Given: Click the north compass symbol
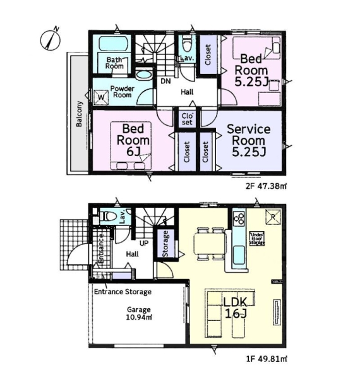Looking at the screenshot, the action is [x=51, y=39].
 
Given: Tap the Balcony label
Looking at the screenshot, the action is [x=79, y=114].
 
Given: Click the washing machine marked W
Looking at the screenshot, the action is [x=101, y=97].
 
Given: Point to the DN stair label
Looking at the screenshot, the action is [x=165, y=81].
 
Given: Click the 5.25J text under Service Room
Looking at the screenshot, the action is [x=249, y=152].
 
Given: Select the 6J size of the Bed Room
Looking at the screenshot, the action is [x=133, y=152].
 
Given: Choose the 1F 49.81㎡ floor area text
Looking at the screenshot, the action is [x=267, y=359].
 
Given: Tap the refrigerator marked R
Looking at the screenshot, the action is [x=273, y=217].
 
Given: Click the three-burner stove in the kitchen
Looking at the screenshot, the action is [x=239, y=219].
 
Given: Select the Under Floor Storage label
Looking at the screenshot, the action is [x=257, y=239].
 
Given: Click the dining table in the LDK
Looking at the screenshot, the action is [x=209, y=244].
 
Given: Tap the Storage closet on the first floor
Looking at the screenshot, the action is [x=165, y=244].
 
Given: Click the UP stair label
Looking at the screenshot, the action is [x=144, y=243].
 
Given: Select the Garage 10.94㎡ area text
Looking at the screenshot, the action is [x=139, y=313].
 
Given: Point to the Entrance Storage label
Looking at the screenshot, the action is [x=123, y=292].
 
